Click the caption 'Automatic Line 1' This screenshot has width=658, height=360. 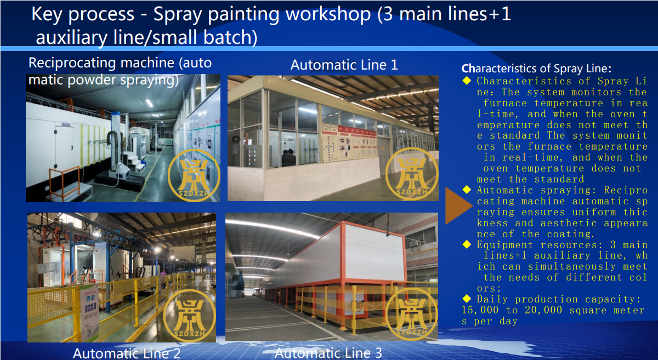click(x=344, y=65)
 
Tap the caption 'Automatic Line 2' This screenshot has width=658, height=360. click(x=126, y=353)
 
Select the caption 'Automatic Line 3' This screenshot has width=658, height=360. click(x=328, y=353)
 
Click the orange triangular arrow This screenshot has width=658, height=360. click(x=458, y=206)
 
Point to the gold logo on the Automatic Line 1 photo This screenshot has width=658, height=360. click(x=412, y=174)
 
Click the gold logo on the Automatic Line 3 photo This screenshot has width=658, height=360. click(x=411, y=314)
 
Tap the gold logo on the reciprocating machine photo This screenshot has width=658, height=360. click(x=194, y=175)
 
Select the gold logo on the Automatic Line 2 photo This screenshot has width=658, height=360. click(x=190, y=316)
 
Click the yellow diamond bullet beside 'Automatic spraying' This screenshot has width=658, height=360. click(x=467, y=190)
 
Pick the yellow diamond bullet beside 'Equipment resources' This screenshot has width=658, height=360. click(x=467, y=244)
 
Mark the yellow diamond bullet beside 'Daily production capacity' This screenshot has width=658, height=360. click(x=467, y=299)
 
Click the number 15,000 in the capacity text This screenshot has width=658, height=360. click(x=480, y=310)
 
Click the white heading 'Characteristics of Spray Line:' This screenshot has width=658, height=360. click(x=536, y=68)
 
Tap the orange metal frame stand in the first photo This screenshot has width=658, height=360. click(x=65, y=182)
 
